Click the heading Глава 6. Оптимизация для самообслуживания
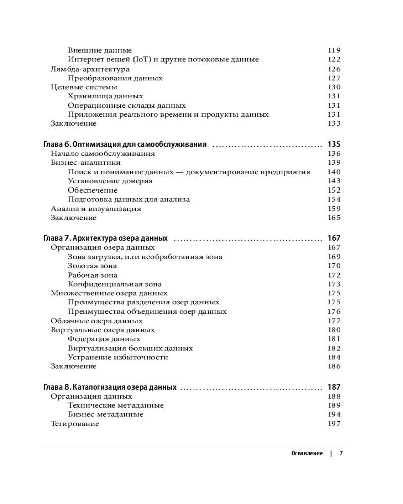[x=125, y=145]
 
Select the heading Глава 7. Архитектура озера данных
[x=106, y=238]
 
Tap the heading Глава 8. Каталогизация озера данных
[x=110, y=388]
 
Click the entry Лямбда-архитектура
[x=90, y=69]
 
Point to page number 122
[x=334, y=59]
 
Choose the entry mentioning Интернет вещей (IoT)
[x=163, y=59]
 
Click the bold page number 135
[x=334, y=145]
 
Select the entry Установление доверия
[x=110, y=181]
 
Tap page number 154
[x=334, y=199]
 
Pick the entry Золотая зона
[x=92, y=266]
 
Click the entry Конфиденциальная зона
[x=114, y=284]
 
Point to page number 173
[x=334, y=284]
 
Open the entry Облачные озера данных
[x=96, y=321]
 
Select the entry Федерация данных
[x=97, y=339]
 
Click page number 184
[x=334, y=357]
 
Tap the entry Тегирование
[x=75, y=424]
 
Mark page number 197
[x=334, y=424]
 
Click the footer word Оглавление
[x=307, y=453]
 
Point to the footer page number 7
[x=341, y=453]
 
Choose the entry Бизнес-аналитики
[x=86, y=163]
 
